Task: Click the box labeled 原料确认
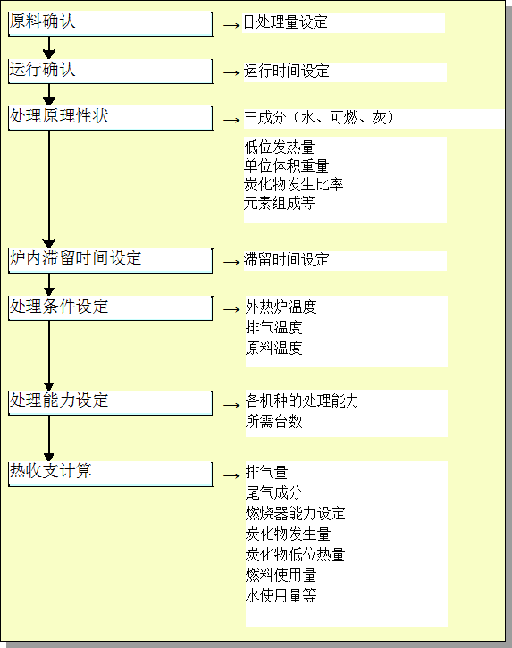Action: [110, 23]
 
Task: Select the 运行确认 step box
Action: [110, 72]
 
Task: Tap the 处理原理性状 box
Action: [110, 119]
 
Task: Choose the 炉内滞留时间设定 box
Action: [110, 260]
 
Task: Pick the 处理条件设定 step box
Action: [110, 307]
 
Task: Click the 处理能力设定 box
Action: [110, 402]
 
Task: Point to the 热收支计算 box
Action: [110, 474]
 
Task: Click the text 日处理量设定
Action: [286, 22]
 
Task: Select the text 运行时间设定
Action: [286, 72]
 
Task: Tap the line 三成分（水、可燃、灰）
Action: [319, 118]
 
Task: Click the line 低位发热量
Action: [280, 147]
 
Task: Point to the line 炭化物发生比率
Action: [293, 184]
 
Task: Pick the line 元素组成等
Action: [280, 203]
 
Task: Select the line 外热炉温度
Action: [281, 307]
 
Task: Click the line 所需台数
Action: [274, 421]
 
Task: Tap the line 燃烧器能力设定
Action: [296, 513]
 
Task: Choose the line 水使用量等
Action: [281, 595]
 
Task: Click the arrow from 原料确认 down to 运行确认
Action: [49, 47]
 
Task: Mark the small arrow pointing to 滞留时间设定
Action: [231, 262]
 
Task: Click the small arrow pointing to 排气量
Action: [231, 475]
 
